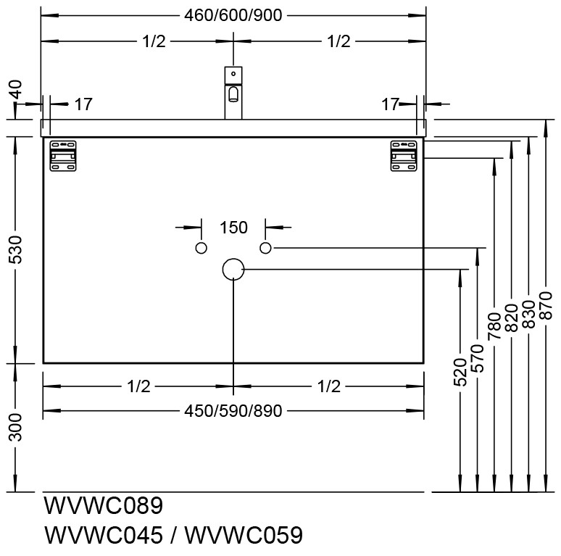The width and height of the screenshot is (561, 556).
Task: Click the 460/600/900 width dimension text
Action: [x=233, y=15]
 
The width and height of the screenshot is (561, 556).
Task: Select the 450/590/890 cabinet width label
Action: [x=233, y=411]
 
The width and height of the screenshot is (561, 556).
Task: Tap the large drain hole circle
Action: [x=233, y=269]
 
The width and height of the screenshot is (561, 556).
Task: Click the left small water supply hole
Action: [x=201, y=248]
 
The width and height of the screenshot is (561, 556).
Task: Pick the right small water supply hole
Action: [x=265, y=248]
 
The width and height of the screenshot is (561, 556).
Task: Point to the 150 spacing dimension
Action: [x=233, y=228]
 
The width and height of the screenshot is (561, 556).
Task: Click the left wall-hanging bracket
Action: [x=63, y=156]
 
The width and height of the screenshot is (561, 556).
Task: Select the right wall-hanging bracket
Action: [x=404, y=156]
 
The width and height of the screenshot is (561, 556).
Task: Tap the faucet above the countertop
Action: [x=233, y=93]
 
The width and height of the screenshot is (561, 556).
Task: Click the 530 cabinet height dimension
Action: [x=16, y=249]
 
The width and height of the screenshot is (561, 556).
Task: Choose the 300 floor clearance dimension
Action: [x=16, y=427]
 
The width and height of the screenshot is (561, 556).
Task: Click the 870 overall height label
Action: [x=546, y=306]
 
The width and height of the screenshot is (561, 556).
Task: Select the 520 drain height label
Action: [x=460, y=372]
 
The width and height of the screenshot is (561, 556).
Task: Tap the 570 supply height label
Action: [x=477, y=358]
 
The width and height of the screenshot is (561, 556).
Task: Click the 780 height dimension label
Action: [x=494, y=326]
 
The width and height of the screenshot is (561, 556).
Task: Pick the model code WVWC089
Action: [x=104, y=505]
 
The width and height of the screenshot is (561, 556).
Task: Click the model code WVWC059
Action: [x=244, y=535]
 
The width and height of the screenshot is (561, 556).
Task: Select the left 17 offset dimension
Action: [x=83, y=104]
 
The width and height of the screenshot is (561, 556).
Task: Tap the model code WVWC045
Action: [x=104, y=535]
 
